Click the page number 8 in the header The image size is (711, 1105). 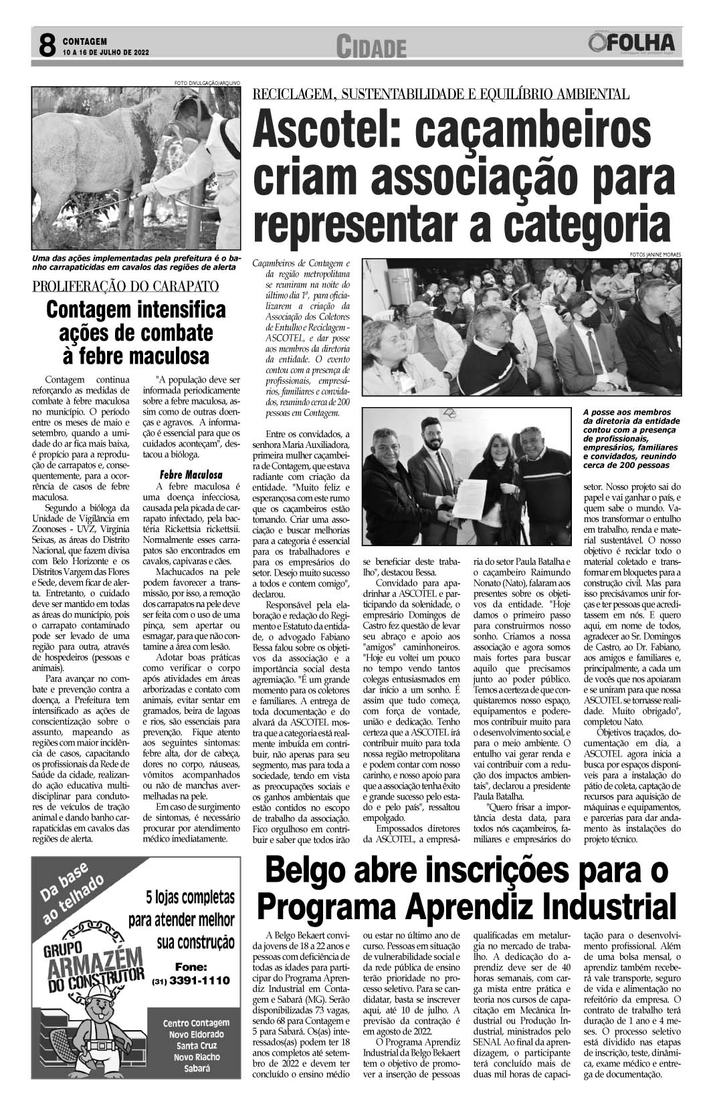tap(47, 46)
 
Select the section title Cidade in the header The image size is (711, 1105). tap(372, 47)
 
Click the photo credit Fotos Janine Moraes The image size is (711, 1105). tap(653, 254)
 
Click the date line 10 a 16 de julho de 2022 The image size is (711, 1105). tap(106, 52)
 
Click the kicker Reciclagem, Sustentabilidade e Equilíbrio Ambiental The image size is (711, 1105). tap(441, 94)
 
